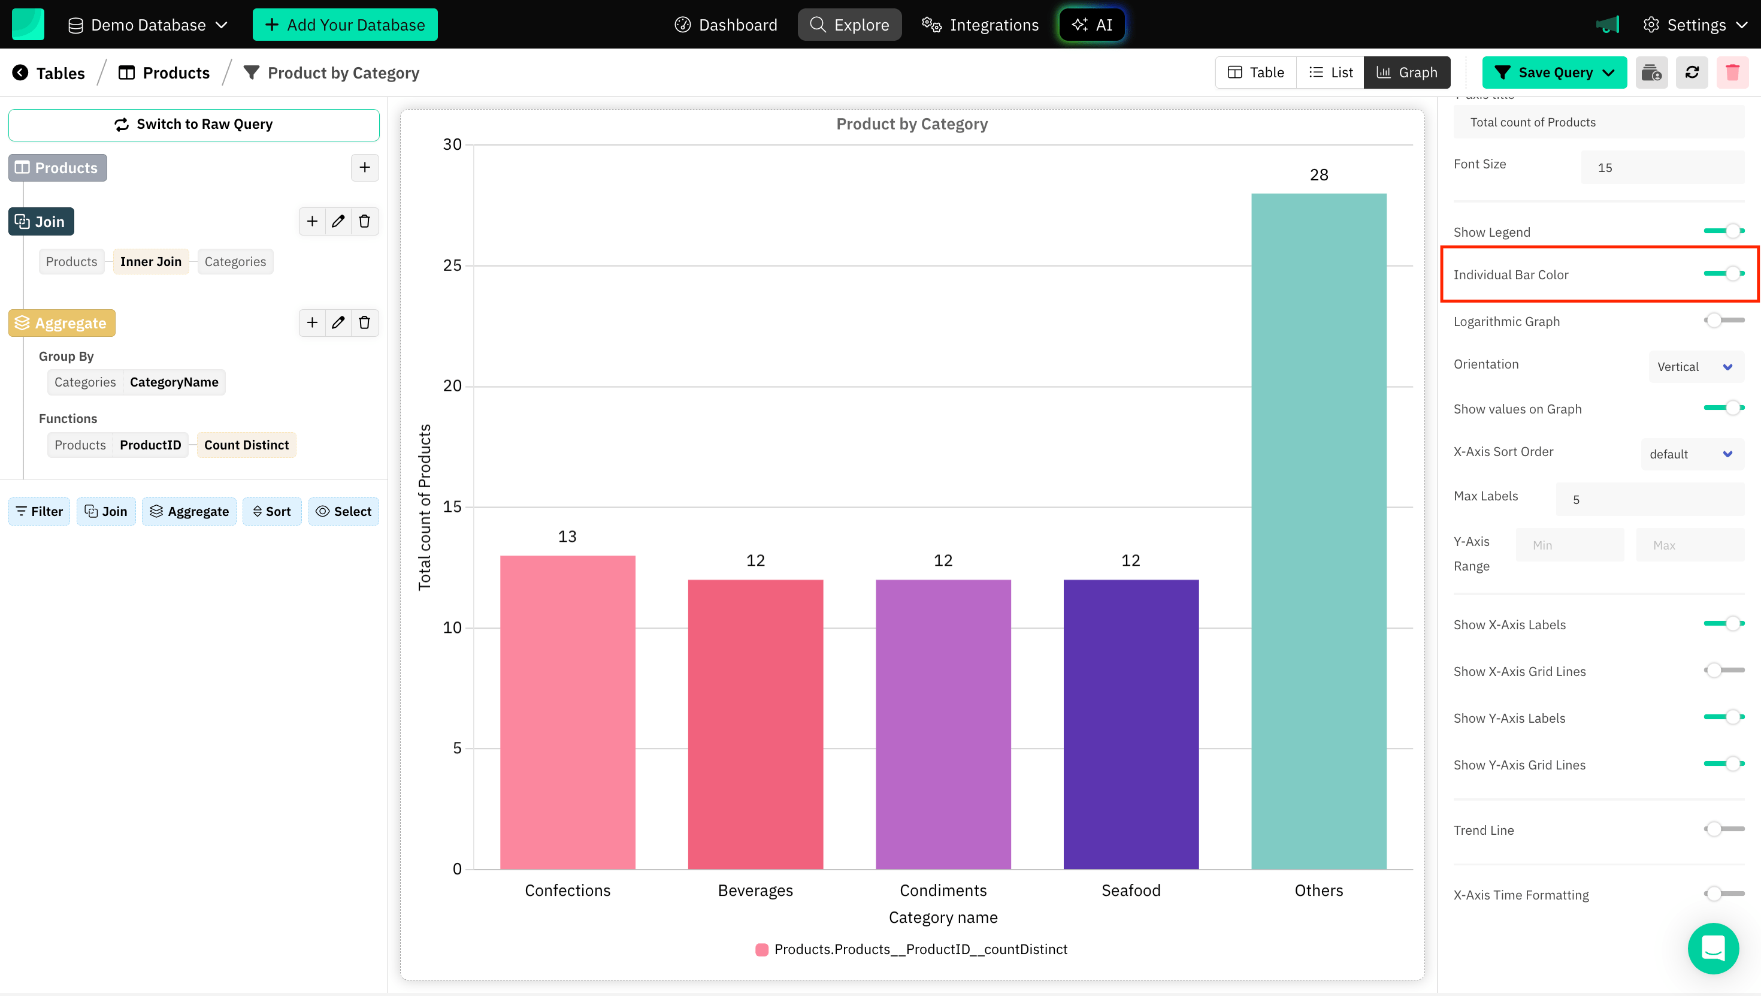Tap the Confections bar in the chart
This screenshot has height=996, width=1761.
pos(567,711)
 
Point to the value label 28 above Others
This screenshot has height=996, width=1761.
pos(1319,175)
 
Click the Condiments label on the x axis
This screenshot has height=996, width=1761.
pos(943,890)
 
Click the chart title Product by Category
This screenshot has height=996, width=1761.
pos(911,124)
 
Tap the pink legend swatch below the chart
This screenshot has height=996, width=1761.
pos(761,949)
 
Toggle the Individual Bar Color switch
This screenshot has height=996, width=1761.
pos(1723,274)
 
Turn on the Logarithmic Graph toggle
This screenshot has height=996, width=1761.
pos(1723,320)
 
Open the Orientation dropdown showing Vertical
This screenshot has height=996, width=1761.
pos(1695,367)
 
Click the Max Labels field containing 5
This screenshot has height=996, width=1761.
pos(1649,499)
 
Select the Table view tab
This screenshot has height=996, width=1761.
pos(1256,73)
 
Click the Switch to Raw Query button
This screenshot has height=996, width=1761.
pos(193,125)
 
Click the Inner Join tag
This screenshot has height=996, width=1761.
pos(150,261)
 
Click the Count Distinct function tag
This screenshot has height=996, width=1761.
pos(246,445)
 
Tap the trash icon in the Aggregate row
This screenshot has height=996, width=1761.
pos(364,322)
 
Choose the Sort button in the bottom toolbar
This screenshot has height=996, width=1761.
pos(271,511)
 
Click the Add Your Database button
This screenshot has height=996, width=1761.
pos(344,25)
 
